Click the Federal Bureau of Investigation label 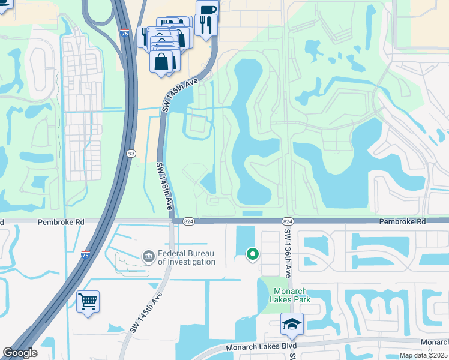185,257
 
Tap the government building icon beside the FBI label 148,257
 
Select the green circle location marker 253,254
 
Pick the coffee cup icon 207,10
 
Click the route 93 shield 131,154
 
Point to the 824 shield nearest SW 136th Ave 286,221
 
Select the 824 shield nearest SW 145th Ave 188,221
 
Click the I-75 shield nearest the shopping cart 85,255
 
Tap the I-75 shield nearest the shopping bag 124,34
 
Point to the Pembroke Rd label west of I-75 60,221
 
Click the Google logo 20,353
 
